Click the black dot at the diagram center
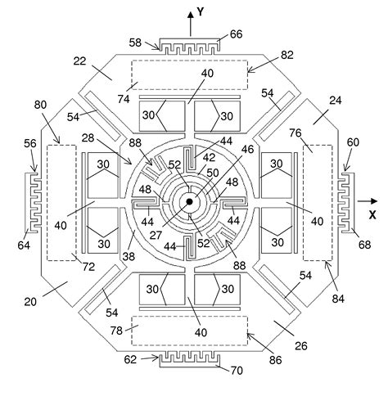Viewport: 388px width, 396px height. point(189,202)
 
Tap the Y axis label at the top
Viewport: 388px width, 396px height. point(201,12)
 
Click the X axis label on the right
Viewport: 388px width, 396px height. point(372,215)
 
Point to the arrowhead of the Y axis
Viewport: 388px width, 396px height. point(191,15)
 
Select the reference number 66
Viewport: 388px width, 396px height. point(237,34)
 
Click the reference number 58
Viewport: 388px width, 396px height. point(135,43)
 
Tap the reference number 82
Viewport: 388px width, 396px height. point(286,55)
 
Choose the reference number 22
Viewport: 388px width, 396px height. point(79,61)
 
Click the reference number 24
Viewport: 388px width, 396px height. point(336,101)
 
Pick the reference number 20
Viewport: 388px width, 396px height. point(30,302)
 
